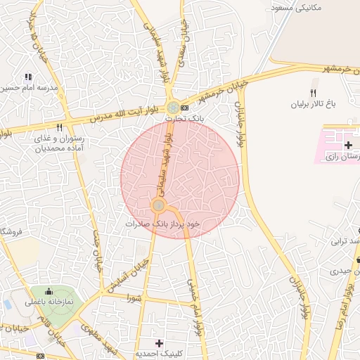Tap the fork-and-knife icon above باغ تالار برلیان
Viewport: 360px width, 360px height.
pyautogui.click(x=314, y=92)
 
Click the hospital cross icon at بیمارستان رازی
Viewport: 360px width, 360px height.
pyautogui.click(x=348, y=144)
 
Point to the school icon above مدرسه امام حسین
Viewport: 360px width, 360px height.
pyautogui.click(x=28, y=77)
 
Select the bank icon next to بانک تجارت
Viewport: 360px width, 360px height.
pyautogui.click(x=184, y=108)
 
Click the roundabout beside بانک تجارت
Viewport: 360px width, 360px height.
pyautogui.click(x=172, y=108)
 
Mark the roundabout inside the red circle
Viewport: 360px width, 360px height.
pyautogui.click(x=159, y=205)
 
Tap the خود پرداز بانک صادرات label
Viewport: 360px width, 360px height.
pyautogui.click(x=162, y=223)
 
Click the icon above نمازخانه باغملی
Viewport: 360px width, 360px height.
pyautogui.click(x=49, y=292)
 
